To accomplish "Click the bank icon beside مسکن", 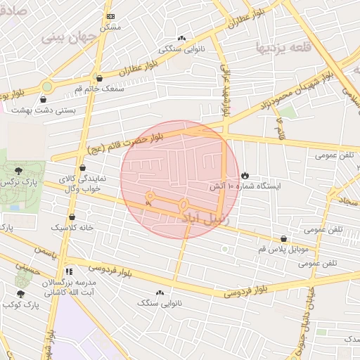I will [x=110, y=16].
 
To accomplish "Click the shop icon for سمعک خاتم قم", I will [x=99, y=79].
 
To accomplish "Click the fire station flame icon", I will [x=245, y=175].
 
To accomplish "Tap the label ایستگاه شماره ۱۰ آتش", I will [x=245, y=187].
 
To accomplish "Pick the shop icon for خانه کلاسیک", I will [x=72, y=217].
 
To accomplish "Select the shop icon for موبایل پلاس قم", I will [x=283, y=239].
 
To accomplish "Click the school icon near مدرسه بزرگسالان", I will [x=68, y=271].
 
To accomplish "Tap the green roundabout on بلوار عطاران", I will [x=46, y=86].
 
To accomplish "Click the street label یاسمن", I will [x=44, y=250].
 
